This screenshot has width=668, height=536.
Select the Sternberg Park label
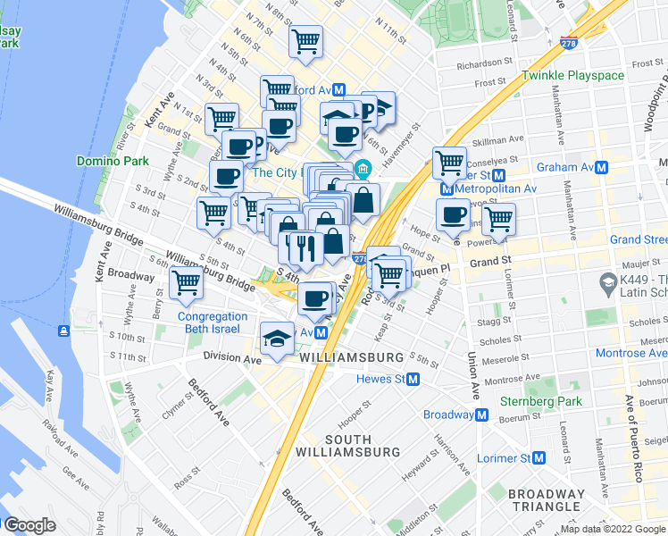point(540,401)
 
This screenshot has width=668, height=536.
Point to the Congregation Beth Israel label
point(213,322)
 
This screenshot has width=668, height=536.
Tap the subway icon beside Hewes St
point(413,380)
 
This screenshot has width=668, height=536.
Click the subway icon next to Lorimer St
point(539,458)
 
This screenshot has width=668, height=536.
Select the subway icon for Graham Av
point(603,167)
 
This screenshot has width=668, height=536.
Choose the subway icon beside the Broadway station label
point(481,415)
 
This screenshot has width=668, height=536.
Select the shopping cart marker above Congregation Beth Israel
point(186,283)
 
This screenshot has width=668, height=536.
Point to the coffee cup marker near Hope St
point(454,214)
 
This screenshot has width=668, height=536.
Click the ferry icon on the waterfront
point(63,331)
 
